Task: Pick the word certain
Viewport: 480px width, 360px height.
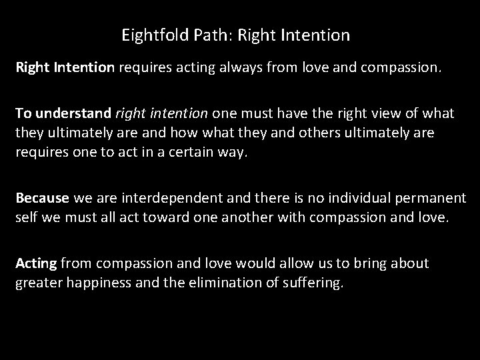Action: coord(185,151)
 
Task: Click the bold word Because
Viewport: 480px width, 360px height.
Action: coord(43,198)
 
